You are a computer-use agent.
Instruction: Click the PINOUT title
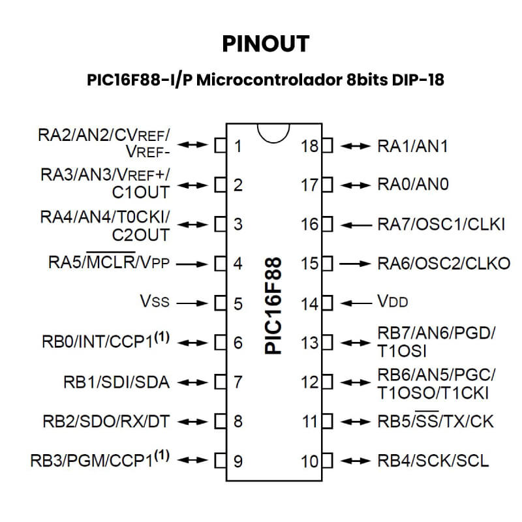tap(266, 44)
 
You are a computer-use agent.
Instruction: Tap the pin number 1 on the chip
tap(238, 146)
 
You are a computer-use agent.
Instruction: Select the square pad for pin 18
tap(327, 146)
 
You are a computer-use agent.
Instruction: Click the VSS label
tap(155, 301)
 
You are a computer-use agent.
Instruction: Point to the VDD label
tap(393, 301)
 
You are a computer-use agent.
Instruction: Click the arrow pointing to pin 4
tap(192, 264)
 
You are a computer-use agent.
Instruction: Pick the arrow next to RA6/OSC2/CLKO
tap(355, 264)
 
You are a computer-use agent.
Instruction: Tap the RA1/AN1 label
tap(412, 146)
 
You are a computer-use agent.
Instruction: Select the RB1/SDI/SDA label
tap(117, 382)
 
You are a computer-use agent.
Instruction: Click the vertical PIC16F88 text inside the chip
tap(273, 305)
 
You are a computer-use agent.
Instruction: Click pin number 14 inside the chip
tap(309, 304)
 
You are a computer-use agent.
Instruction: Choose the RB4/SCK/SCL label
tap(433, 461)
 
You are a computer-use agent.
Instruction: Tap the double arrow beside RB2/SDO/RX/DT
tap(192, 422)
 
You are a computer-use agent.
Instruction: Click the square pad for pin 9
tap(221, 461)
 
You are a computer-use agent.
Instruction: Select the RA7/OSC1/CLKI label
tap(441, 224)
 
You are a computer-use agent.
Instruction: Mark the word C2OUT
tap(141, 236)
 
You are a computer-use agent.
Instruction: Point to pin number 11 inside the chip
tap(310, 422)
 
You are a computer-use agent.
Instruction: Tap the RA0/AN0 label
tap(413, 184)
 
